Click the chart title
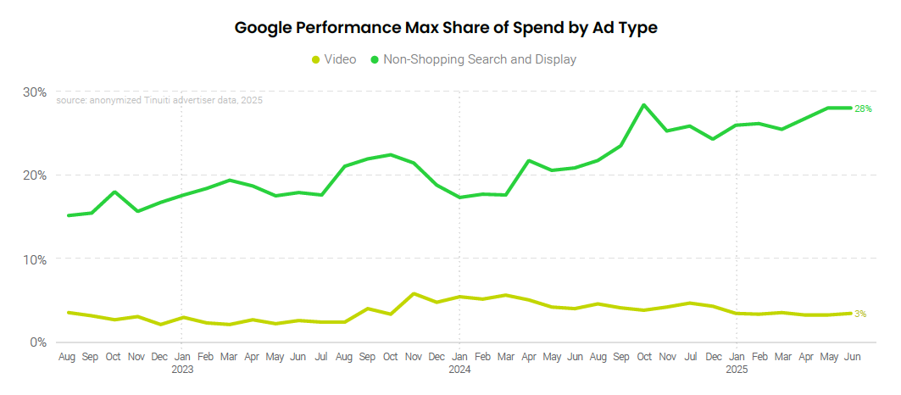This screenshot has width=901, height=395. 446,28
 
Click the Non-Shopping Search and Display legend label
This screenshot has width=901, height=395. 479,59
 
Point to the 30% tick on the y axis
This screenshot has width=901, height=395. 35,92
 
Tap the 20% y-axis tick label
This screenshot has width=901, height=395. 35,175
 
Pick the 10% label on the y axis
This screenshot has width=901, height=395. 35,259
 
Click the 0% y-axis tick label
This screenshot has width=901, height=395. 38,342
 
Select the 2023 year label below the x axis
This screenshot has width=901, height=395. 182,370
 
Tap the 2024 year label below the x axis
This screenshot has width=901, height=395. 459,370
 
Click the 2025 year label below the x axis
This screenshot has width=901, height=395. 737,370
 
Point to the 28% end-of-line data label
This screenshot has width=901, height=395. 863,108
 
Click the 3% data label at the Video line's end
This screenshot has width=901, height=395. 859,314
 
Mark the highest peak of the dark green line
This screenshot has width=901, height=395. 644,105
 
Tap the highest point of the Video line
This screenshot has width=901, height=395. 413,294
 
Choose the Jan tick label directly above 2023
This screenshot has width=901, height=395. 182,358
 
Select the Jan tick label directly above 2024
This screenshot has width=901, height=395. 459,358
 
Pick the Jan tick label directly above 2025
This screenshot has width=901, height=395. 737,358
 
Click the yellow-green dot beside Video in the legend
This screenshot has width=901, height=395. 316,59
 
